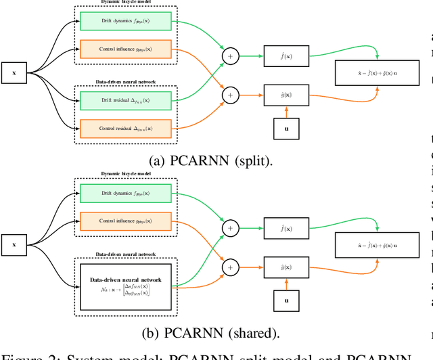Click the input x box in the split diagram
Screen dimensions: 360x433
click(x=14, y=73)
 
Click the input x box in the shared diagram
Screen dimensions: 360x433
click(x=14, y=245)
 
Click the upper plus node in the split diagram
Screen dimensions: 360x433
click(x=231, y=57)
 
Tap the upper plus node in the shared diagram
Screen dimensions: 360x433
click(x=231, y=229)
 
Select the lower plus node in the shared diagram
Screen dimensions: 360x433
click(x=231, y=266)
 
